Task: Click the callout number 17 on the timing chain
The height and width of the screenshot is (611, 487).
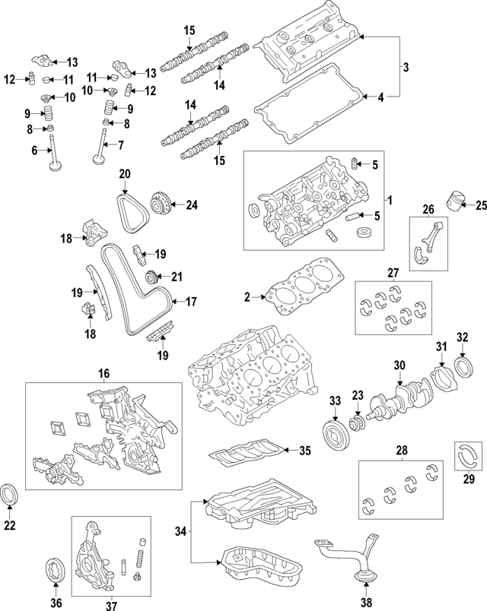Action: [192, 302]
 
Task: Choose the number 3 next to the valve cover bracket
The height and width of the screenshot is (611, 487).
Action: [406, 68]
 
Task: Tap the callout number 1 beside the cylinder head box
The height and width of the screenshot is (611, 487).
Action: [390, 201]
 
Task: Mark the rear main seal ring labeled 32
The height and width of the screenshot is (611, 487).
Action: [463, 362]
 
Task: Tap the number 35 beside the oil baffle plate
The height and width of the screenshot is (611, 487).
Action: [304, 451]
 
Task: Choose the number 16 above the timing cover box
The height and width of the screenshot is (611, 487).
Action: [103, 373]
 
